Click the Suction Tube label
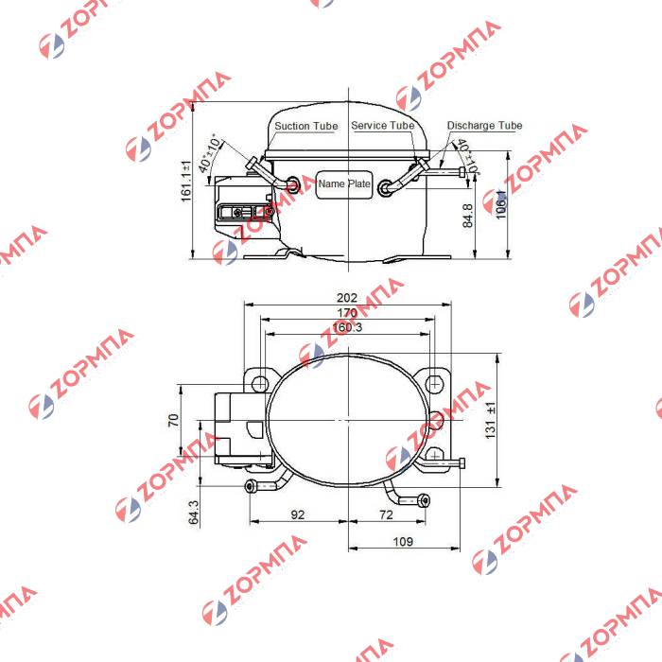coord(305,126)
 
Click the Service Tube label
coord(382,126)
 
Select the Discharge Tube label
coord(484,126)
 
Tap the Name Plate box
coord(344,184)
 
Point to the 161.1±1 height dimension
coord(186,179)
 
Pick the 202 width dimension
coord(347,297)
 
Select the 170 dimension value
coord(347,313)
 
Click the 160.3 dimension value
coord(347,327)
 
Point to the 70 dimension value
coord(173,420)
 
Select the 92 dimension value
coord(298,515)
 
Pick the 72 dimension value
coord(385,515)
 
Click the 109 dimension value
coord(403,542)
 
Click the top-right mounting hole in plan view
coord(433,383)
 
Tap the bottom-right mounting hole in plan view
coord(433,455)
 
